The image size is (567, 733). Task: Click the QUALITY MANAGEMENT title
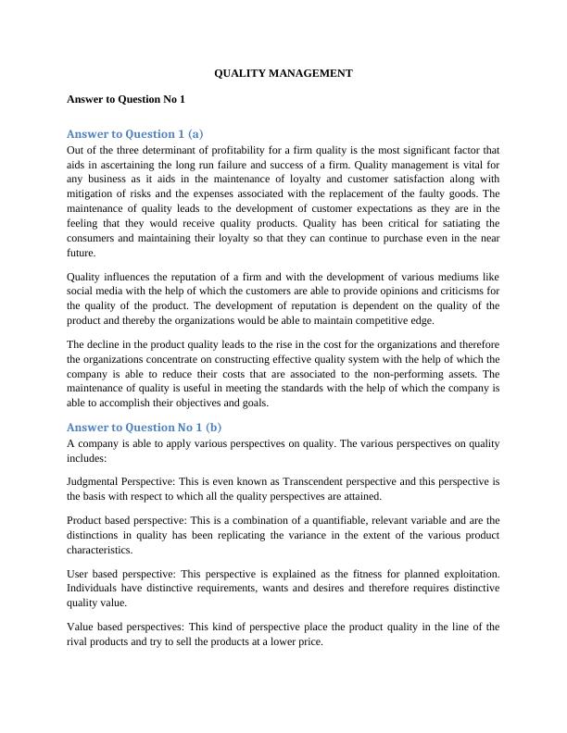coord(283,72)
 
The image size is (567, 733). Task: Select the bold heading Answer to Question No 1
coord(126,98)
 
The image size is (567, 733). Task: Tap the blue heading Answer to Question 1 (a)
coord(135,133)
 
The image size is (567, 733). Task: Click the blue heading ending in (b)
coord(144,427)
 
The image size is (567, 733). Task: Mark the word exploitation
coord(467,574)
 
